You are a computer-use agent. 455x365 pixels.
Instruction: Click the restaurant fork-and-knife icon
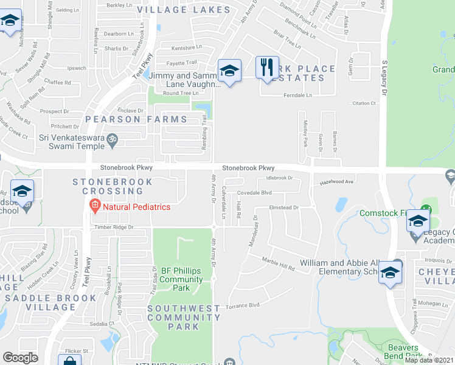click(267, 68)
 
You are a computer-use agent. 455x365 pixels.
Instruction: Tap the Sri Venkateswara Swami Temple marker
click(111, 141)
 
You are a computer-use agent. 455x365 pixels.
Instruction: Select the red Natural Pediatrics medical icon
click(94, 206)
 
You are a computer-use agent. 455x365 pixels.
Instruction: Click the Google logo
click(20, 358)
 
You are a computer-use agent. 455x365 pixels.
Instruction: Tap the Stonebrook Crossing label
click(108, 186)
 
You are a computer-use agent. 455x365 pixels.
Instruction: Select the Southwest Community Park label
click(184, 318)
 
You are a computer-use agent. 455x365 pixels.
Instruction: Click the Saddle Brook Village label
click(50, 298)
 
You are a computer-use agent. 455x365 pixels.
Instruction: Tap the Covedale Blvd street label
click(254, 192)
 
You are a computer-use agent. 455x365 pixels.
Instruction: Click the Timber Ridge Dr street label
click(113, 227)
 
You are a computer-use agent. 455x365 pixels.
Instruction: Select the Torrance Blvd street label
click(243, 305)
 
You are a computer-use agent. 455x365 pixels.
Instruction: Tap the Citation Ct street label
click(364, 103)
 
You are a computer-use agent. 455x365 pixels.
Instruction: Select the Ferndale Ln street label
click(298, 96)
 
